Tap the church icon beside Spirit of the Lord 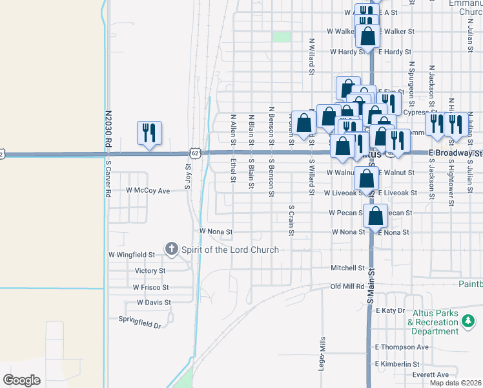[x=172, y=248]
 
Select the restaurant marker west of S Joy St [x=149, y=133]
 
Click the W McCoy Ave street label [x=148, y=191]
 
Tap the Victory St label [x=150, y=271]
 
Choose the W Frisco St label [x=150, y=287]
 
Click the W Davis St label [x=154, y=302]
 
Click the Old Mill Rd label [x=347, y=286]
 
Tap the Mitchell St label [x=348, y=268]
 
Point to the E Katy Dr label [x=389, y=311]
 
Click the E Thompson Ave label [x=402, y=347]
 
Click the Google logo [x=21, y=380]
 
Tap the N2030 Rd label [x=108, y=129]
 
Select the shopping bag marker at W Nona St [x=375, y=217]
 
